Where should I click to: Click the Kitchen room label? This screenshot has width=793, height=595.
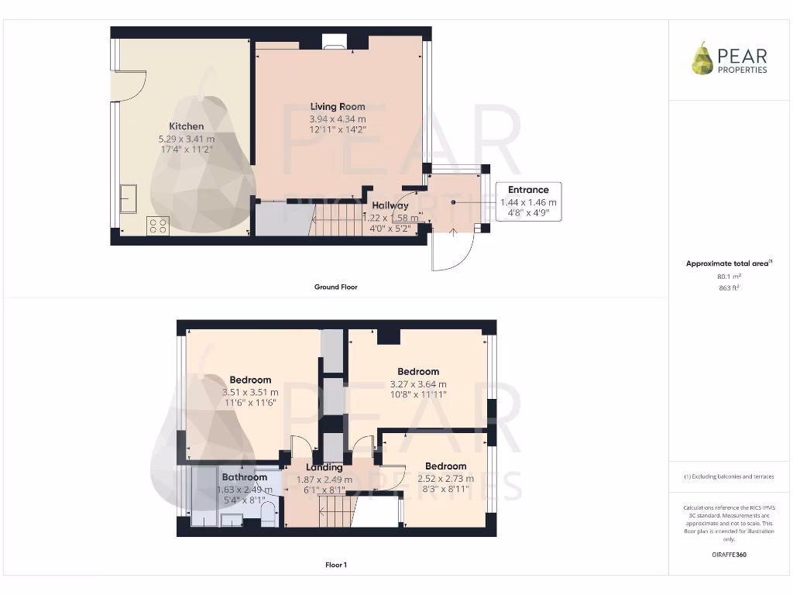(187, 126)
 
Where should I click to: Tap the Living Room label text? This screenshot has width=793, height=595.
(338, 107)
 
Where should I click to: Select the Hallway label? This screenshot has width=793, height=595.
(390, 205)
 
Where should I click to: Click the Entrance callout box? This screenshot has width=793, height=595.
(528, 201)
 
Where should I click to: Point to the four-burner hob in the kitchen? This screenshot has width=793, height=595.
(158, 225)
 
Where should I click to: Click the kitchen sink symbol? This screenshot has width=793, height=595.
(128, 198)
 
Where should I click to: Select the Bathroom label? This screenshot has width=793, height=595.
(245, 477)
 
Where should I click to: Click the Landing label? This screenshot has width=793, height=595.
(324, 467)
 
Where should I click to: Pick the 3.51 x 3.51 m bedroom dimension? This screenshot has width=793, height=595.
(250, 392)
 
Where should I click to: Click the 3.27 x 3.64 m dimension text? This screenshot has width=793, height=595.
(418, 383)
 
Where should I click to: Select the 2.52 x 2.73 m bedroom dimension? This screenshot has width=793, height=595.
(445, 478)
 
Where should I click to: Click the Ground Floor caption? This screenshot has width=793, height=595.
(335, 287)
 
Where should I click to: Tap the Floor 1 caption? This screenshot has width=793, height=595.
(335, 565)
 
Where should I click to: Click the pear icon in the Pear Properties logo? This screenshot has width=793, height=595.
(702, 59)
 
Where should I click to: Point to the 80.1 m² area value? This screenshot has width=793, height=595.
(729, 276)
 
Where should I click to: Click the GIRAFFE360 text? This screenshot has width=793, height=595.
(729, 555)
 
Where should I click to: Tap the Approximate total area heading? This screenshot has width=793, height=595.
(729, 263)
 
